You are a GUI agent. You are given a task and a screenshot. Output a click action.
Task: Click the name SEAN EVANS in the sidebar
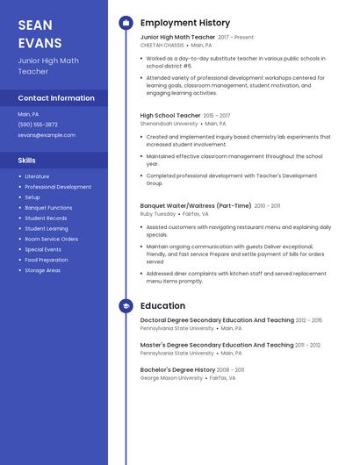click(x=40, y=34)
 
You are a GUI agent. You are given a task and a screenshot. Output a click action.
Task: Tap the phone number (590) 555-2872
click(x=38, y=125)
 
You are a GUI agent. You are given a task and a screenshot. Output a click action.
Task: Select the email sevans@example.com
click(x=47, y=135)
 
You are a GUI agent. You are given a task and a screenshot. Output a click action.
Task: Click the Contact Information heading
click(x=56, y=98)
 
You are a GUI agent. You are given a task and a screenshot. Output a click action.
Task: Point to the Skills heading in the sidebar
click(x=27, y=161)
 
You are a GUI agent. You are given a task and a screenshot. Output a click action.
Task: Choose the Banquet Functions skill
click(x=48, y=208)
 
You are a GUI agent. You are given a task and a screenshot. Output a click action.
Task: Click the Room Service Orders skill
click(x=51, y=240)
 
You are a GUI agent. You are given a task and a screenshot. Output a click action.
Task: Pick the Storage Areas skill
click(x=42, y=270)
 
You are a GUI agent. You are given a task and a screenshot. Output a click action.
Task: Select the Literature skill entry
click(x=37, y=176)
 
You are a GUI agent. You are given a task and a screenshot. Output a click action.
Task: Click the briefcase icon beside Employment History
click(x=126, y=23)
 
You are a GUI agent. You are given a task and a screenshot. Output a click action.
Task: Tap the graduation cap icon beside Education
click(x=126, y=306)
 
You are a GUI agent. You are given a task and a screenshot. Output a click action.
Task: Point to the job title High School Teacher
click(x=170, y=115)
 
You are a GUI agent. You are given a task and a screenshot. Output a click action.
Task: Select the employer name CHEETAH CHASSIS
click(x=162, y=45)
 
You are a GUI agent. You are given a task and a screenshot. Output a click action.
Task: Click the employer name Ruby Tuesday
click(x=158, y=213)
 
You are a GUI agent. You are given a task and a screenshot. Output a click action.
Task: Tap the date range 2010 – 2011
click(x=267, y=206)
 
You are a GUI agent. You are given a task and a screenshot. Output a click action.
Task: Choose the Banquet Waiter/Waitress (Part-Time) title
click(x=195, y=206)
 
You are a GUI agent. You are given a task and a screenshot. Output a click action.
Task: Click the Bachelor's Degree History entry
click(x=178, y=370)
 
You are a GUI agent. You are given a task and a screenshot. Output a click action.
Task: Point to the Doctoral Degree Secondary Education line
click(x=217, y=320)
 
